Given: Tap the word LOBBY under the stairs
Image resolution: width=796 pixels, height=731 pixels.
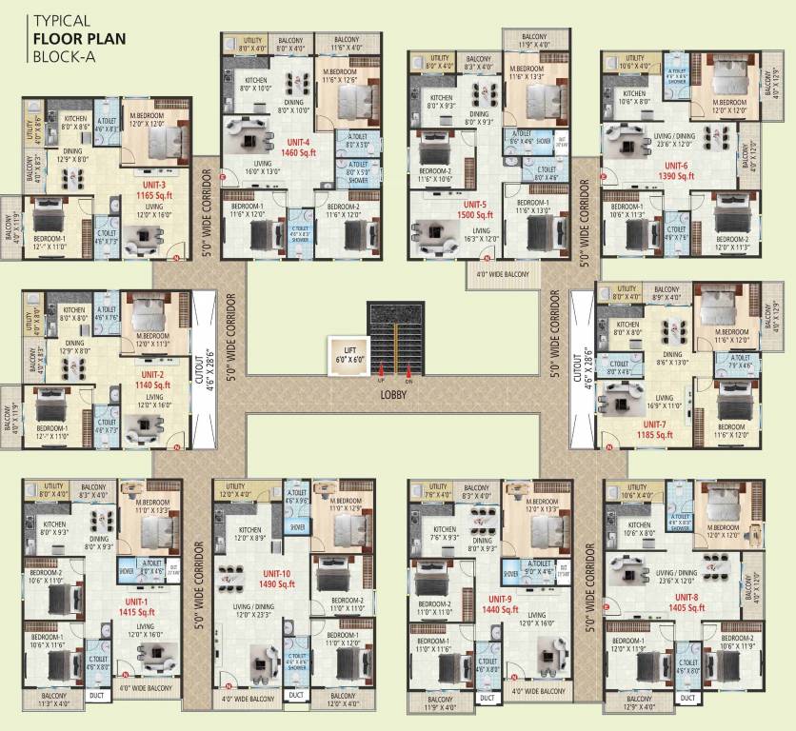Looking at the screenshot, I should pos(394,391).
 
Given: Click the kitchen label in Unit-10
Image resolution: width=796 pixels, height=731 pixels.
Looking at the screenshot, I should pos(250,534).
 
